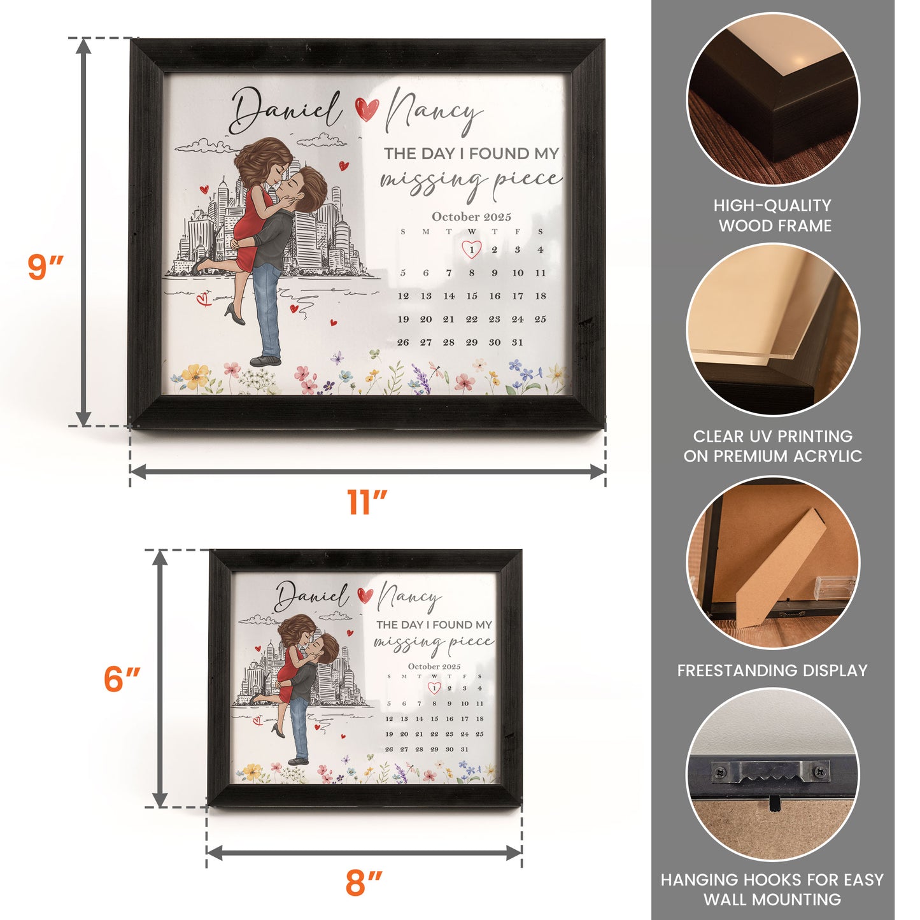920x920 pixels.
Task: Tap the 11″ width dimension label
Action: coord(367,502)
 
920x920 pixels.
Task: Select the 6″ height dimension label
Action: coord(122,679)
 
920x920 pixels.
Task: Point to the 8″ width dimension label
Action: coord(364,883)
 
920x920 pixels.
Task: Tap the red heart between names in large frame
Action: coord(367,109)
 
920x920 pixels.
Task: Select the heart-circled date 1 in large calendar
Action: coord(471,250)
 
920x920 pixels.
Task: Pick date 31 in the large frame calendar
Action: coord(517,343)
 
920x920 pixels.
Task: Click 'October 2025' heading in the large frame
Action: coord(471,216)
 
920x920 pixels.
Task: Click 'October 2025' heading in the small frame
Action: coord(434,667)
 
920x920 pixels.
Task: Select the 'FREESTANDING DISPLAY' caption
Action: coord(772,670)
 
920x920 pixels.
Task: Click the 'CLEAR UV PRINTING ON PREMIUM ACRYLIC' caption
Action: coord(772,446)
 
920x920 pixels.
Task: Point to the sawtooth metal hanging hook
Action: coord(770,772)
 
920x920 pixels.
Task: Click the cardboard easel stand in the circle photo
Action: coord(778,567)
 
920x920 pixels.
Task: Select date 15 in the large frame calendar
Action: coord(471,296)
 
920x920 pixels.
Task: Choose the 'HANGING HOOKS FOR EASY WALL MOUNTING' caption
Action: coord(772,889)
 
